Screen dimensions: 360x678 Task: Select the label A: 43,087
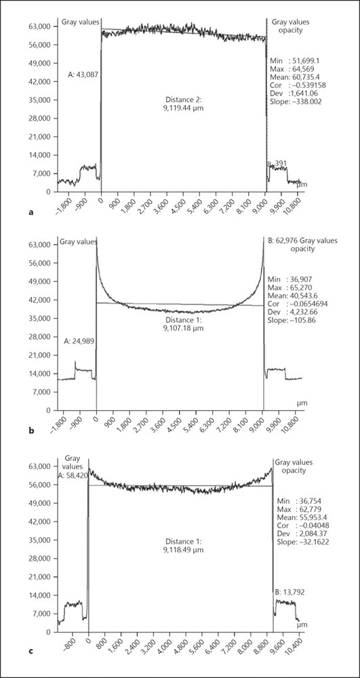84,75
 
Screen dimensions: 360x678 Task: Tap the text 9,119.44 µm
182,108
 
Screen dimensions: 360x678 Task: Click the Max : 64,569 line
289,68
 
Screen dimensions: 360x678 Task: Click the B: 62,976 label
283,241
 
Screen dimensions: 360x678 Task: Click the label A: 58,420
73,475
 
